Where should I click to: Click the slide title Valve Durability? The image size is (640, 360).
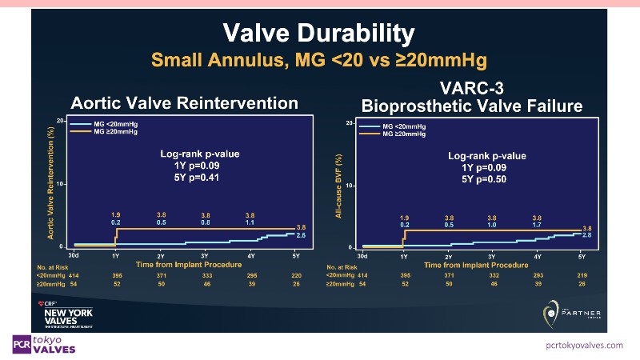tap(318, 33)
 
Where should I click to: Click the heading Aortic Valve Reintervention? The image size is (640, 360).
tap(185, 103)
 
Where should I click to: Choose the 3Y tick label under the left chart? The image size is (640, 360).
tap(206, 255)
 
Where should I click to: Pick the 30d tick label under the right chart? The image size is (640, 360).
tap(362, 256)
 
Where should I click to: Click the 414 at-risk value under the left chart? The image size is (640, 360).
tap(74, 274)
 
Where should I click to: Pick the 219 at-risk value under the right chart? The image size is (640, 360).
tap(581, 274)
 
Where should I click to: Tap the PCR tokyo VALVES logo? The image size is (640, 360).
tap(45, 344)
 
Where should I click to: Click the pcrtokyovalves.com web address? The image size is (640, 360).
tap(583, 345)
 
